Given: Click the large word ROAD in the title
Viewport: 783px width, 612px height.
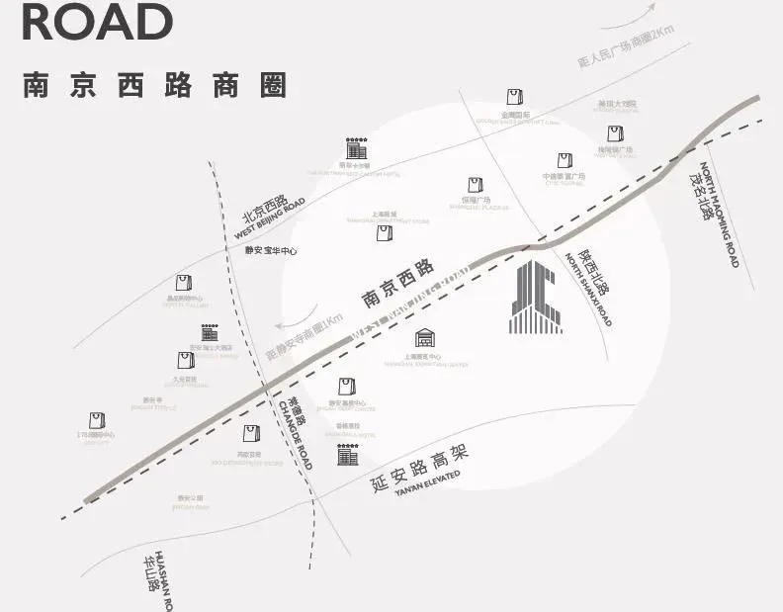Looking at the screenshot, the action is coord(97,23).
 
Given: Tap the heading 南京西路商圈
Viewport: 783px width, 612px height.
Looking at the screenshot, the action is coord(154,85).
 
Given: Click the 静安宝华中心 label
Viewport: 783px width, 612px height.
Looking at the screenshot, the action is coord(271,251).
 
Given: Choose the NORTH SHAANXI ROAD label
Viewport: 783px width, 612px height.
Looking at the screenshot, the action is coord(589,291).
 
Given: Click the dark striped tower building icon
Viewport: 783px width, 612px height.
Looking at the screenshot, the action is coord(536,297).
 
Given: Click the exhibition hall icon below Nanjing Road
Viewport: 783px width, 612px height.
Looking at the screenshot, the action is coord(424,338).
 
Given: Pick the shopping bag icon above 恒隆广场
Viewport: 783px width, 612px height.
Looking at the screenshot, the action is coord(475,185).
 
